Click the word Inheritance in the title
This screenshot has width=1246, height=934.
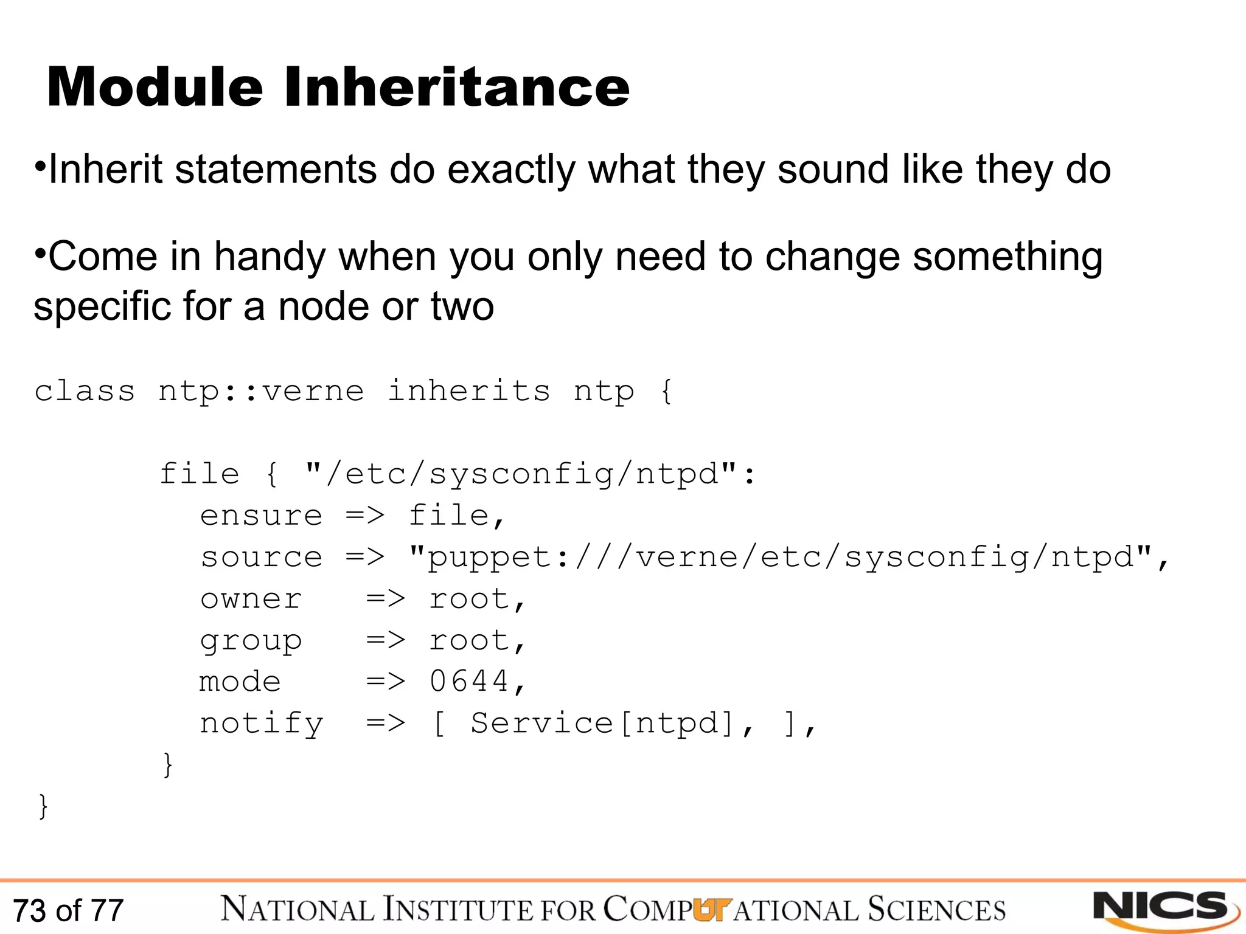pyautogui.click(x=456, y=88)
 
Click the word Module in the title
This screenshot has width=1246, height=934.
pyautogui.click(x=155, y=88)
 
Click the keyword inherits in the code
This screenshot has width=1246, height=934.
pyautogui.click(x=469, y=390)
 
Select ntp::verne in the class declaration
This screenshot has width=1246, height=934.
pyautogui.click(x=261, y=390)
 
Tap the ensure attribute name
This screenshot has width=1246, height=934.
pyautogui.click(x=261, y=516)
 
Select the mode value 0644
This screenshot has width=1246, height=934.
pyautogui.click(x=469, y=681)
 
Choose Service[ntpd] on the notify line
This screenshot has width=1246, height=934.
pyautogui.click(x=602, y=723)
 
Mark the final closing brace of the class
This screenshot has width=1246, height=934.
pyautogui.click(x=43, y=806)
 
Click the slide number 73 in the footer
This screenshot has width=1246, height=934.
pyautogui.click(x=29, y=910)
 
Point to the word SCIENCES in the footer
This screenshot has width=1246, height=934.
pyautogui.click(x=937, y=910)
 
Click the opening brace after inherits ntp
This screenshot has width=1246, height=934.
pyautogui.click(x=667, y=390)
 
